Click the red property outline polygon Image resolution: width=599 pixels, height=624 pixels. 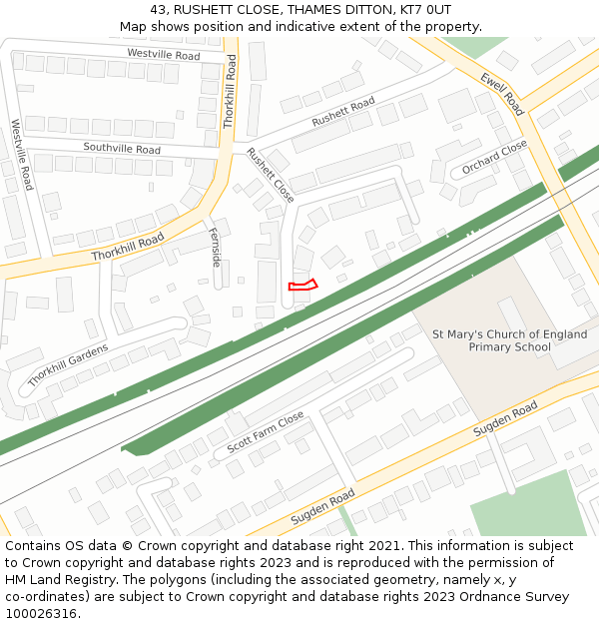[302, 286]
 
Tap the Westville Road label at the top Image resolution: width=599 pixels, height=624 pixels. [164, 54]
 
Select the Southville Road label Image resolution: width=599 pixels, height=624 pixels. [122, 149]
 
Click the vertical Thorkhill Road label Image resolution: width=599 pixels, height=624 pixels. [230, 91]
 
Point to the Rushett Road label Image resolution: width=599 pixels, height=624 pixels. [342, 112]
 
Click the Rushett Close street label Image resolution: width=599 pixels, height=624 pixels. [271, 175]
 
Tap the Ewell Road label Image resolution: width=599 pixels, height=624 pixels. [502, 94]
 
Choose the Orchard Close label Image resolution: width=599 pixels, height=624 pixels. [494, 158]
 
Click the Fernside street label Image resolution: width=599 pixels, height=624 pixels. [215, 247]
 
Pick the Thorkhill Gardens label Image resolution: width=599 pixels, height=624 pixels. [67, 364]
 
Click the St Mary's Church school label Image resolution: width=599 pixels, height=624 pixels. [509, 340]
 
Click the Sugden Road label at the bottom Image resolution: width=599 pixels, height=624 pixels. [322, 507]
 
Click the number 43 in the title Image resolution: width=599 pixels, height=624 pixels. [159, 9]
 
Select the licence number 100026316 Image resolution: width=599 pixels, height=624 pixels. [41, 613]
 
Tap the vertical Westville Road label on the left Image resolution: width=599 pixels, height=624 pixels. [21, 155]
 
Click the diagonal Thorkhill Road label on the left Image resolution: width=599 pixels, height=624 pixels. [127, 248]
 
